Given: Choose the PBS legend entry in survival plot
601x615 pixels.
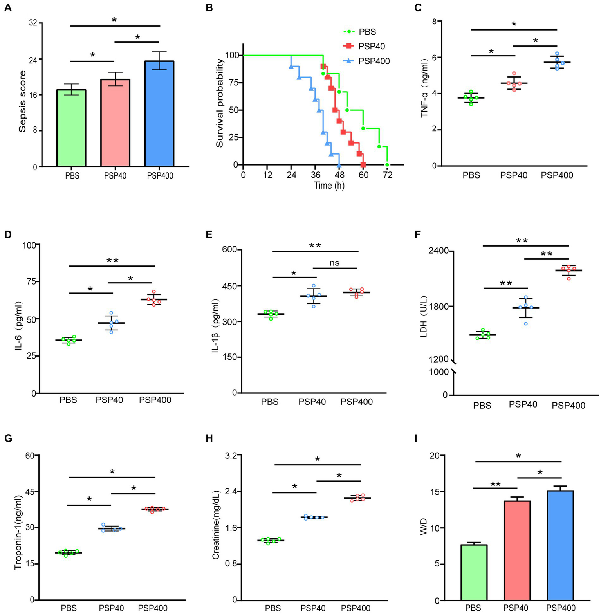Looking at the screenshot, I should coord(367,32).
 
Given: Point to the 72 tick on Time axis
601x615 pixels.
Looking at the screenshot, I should coord(387,175).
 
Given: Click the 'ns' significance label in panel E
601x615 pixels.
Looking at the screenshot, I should coord(334,263).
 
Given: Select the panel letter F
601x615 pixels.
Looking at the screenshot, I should coord(418,234).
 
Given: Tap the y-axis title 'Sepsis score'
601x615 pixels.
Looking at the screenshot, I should coord(23,101).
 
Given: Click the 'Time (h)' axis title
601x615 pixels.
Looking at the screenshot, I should coord(329,186).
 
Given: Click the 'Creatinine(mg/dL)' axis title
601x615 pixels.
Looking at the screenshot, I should coord(215,527).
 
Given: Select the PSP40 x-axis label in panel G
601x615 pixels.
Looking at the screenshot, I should coord(111,608).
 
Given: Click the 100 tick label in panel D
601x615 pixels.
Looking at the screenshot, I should coord(29,245).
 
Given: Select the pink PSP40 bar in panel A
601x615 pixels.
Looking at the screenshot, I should coord(115,123).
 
